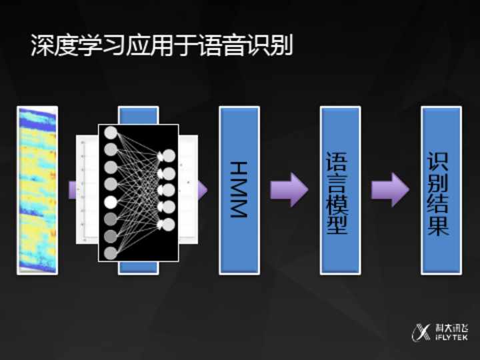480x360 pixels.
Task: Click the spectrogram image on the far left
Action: click(37, 190)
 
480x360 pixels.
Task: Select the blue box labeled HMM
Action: click(239, 190)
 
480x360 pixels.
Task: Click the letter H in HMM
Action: click(239, 169)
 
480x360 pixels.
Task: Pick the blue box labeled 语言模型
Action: click(340, 190)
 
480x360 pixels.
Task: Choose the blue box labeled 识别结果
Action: click(441, 190)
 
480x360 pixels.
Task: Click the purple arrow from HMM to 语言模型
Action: click(289, 190)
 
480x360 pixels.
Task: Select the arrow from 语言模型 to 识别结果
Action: click(390, 190)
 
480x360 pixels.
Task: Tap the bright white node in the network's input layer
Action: click(111, 201)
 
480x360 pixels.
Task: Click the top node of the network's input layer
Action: click(111, 133)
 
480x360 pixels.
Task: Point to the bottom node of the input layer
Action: click(111, 253)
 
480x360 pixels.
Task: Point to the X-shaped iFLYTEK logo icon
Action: click(422, 331)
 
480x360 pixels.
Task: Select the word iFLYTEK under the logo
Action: click(451, 337)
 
